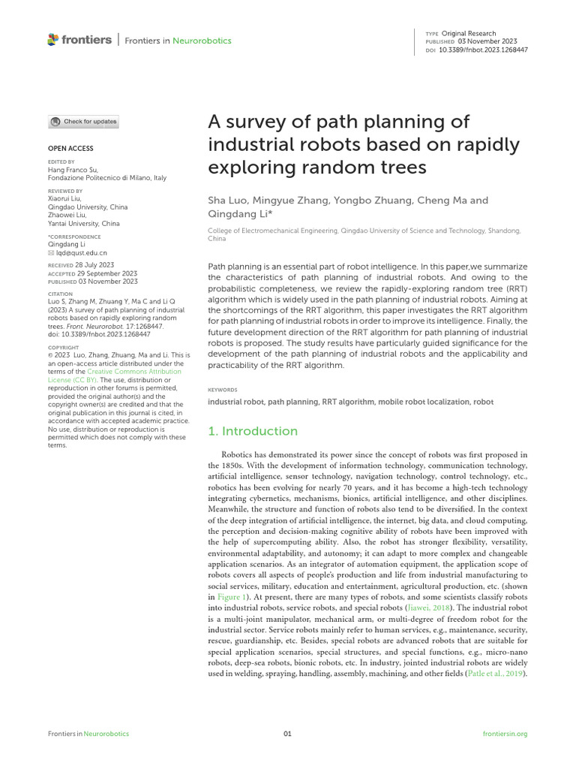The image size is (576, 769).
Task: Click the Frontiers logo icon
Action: pyautogui.click(x=52, y=39)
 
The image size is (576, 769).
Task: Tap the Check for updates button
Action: pyautogui.click(x=83, y=122)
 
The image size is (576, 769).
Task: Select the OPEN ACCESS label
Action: pyautogui.click(x=70, y=149)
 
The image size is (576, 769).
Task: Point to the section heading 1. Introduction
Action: pyautogui.click(x=252, y=431)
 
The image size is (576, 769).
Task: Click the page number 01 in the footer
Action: pyautogui.click(x=287, y=734)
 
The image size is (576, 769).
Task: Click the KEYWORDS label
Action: pyautogui.click(x=222, y=390)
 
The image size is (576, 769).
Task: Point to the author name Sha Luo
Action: pyautogui.click(x=227, y=201)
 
